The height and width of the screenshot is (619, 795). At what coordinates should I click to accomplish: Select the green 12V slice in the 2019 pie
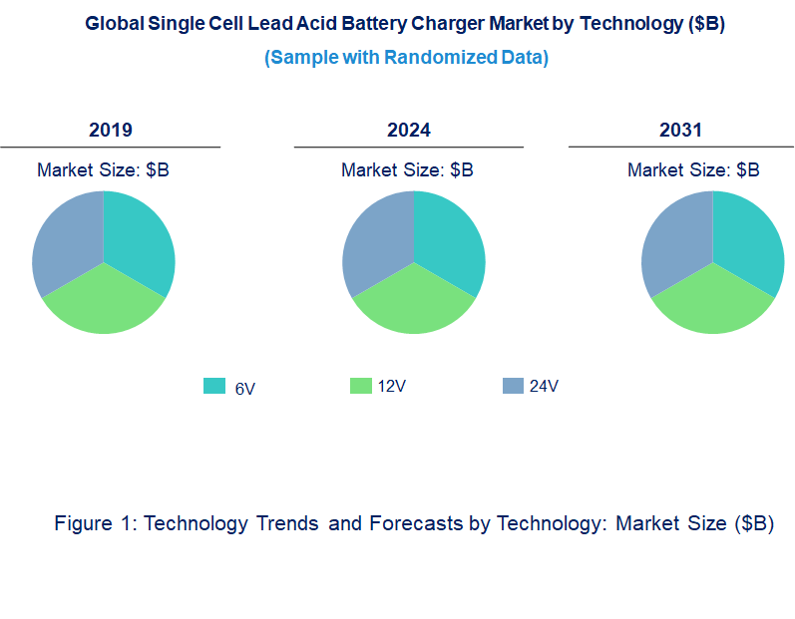click(103, 304)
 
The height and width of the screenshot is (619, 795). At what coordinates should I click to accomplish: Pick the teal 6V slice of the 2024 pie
click(448, 239)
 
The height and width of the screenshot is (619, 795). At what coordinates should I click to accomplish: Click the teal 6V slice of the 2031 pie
click(747, 239)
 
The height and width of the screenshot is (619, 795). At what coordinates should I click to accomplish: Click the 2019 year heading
click(110, 130)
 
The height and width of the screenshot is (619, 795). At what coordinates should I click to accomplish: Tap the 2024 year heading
click(409, 130)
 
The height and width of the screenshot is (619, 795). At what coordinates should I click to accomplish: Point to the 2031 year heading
click(680, 130)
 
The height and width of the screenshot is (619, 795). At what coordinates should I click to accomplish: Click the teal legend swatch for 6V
click(213, 386)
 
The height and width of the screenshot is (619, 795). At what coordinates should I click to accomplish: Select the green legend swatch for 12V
click(360, 386)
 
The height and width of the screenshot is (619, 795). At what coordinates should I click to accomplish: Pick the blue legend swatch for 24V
click(513, 386)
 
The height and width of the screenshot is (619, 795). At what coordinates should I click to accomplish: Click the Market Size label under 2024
click(407, 169)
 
